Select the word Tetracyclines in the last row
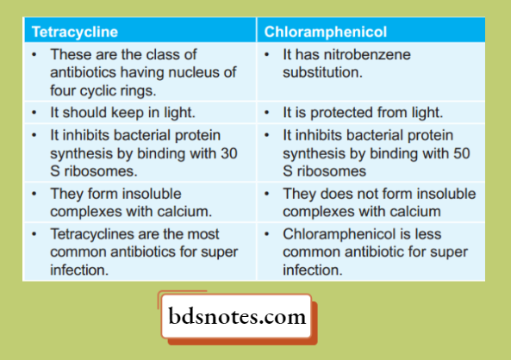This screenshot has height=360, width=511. [92, 234]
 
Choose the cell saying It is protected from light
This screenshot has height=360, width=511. [363, 113]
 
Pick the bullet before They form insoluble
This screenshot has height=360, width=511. [33, 194]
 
